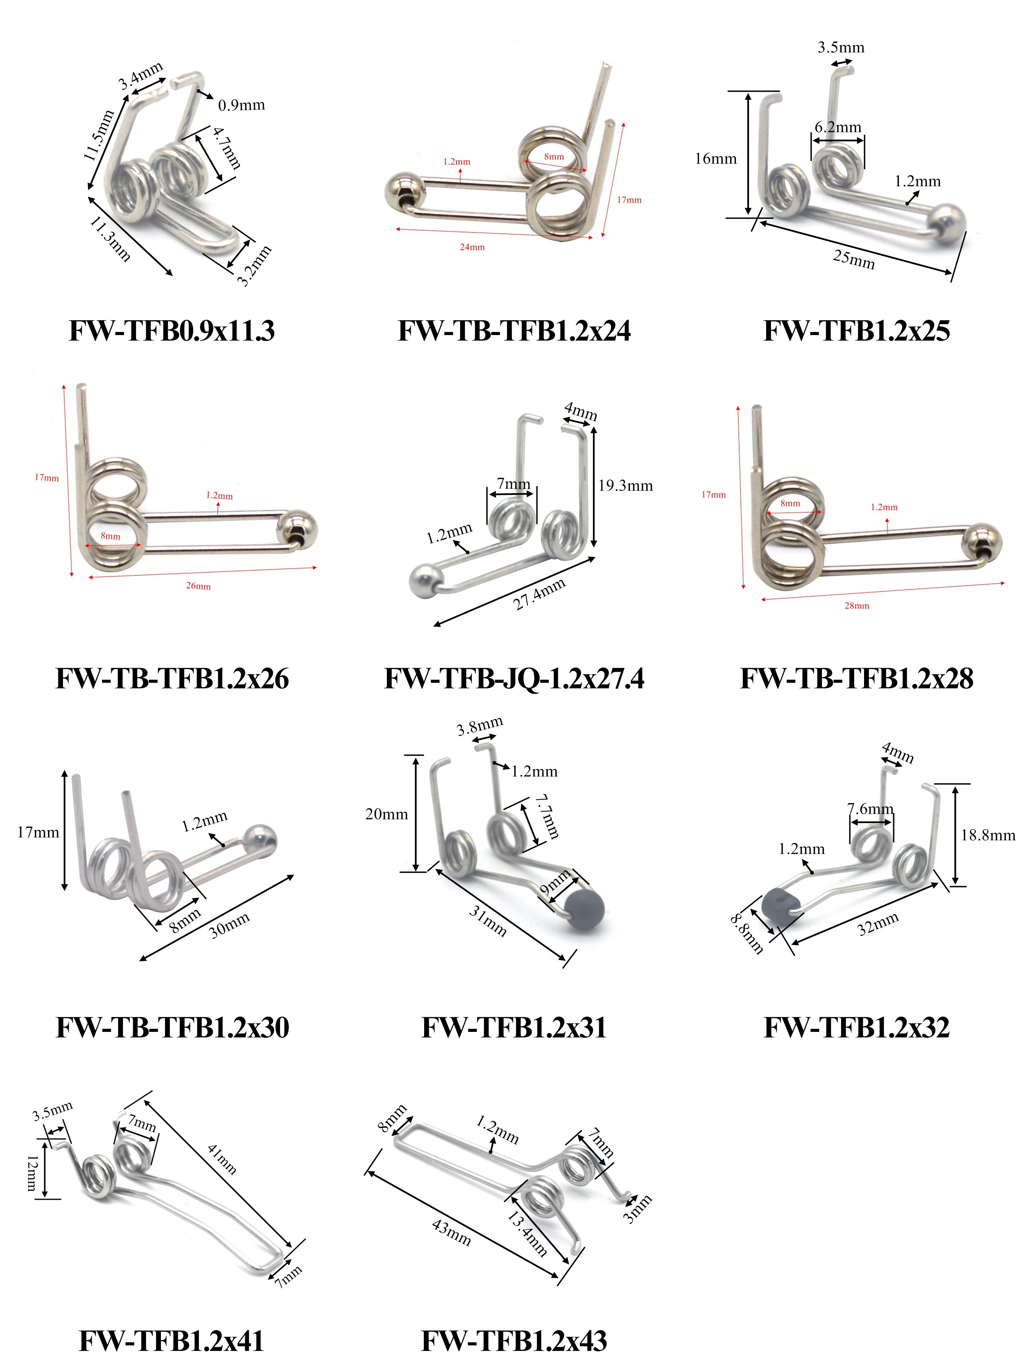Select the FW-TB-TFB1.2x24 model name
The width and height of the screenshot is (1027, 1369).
(x=514, y=331)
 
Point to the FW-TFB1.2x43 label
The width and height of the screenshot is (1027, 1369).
(x=514, y=1341)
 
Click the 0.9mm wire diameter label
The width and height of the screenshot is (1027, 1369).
(x=241, y=105)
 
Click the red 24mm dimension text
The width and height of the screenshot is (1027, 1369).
(x=472, y=247)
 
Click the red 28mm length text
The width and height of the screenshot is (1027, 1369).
(x=857, y=605)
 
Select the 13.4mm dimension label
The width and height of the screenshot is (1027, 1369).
(x=527, y=1234)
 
